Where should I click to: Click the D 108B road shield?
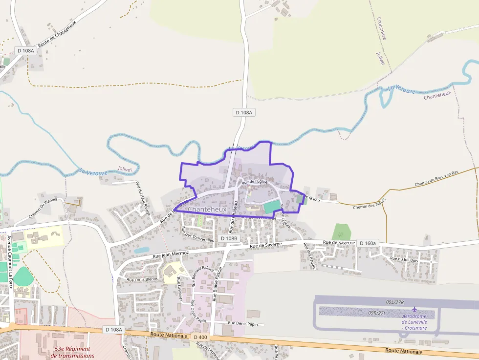coord(229,238)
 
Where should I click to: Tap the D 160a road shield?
coord(368,243)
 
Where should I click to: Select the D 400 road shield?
coord(200,337)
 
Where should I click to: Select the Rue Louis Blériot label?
coord(142,279)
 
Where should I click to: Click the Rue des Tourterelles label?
coord(197,234)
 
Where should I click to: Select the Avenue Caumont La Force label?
coord(9,262)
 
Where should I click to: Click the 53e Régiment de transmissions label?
coord(72,352)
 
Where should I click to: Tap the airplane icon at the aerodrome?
coord(414,310)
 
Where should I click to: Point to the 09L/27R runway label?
coord(395,302)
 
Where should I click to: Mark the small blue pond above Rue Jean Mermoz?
coord(141,250)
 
